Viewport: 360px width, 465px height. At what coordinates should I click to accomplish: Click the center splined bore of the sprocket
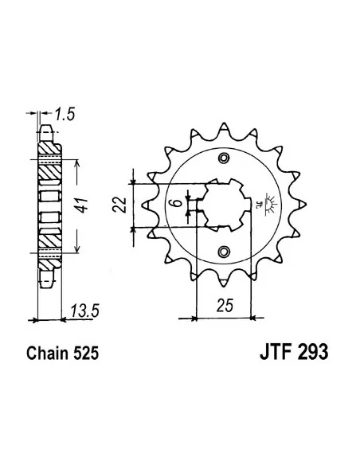coord(223,204)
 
